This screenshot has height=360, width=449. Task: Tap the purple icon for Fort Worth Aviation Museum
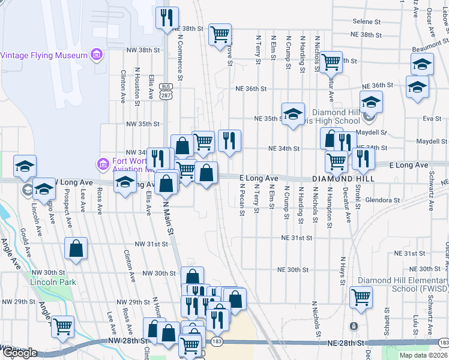click(x=102, y=163)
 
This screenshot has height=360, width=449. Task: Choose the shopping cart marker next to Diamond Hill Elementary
click(x=361, y=296)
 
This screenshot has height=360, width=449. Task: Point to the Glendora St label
click(x=382, y=200)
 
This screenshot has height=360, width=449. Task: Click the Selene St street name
click(x=367, y=21)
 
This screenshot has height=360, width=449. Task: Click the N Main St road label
click(x=170, y=219)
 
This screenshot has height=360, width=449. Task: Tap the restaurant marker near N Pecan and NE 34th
click(x=229, y=140)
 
